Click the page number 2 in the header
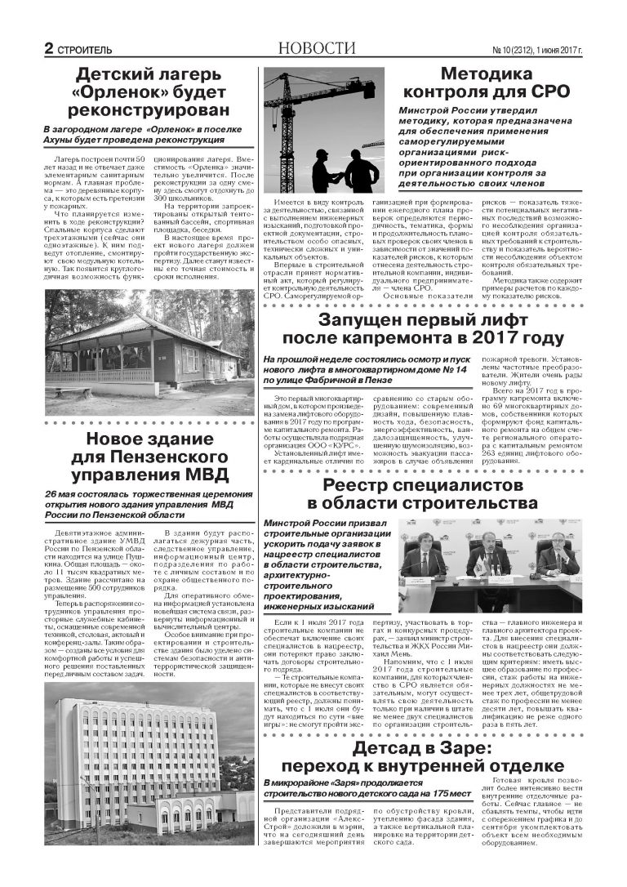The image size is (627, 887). point(49,49)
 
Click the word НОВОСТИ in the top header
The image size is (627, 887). point(317,48)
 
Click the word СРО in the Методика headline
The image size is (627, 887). point(549,91)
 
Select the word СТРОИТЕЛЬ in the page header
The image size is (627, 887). point(84,50)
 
